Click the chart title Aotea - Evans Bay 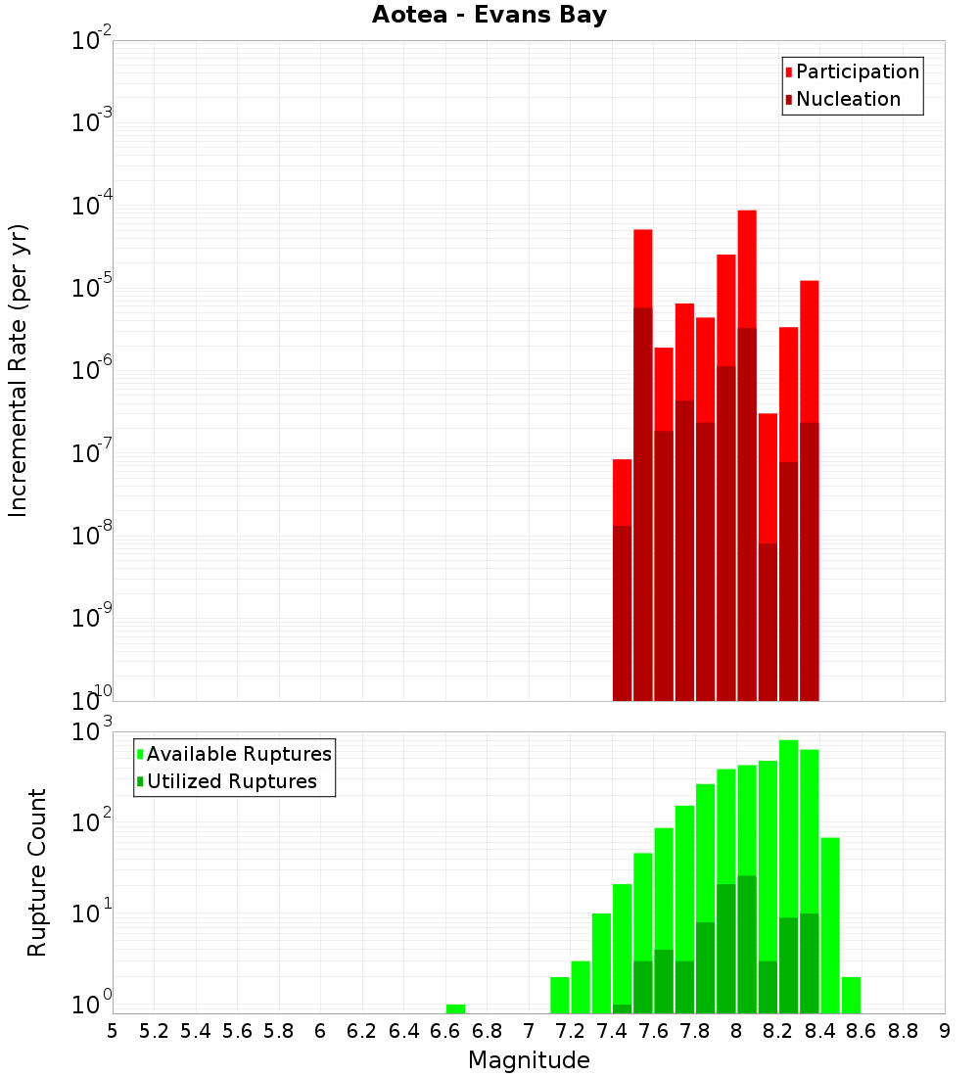click(x=489, y=15)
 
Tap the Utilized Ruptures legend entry click(x=231, y=781)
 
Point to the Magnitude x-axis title click(x=529, y=1060)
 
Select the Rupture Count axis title click(x=37, y=872)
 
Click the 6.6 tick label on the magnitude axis click(x=444, y=1031)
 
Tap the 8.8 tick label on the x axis click(x=903, y=1031)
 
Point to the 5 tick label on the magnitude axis click(x=113, y=1031)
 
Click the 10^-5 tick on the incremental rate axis click(x=92, y=288)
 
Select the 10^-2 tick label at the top click(x=92, y=41)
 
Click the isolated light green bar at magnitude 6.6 click(x=455, y=1008)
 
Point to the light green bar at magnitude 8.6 click(x=851, y=995)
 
